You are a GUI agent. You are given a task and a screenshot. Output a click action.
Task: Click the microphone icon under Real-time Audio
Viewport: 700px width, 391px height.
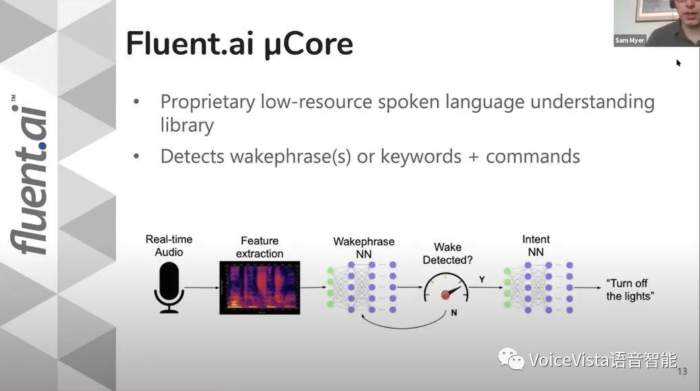point(169,287)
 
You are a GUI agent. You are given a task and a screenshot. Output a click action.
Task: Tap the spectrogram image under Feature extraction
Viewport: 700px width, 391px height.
point(260,287)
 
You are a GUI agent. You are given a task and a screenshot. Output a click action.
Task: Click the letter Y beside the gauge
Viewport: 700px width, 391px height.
point(482,280)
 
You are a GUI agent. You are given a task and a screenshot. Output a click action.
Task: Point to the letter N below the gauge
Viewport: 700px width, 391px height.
point(454,313)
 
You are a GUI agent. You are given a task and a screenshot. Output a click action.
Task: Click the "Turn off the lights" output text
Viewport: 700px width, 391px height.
point(630,290)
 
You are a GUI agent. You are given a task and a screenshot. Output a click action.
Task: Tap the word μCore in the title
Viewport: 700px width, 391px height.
point(309,44)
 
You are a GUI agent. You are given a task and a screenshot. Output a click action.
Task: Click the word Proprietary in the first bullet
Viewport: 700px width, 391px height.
point(207,102)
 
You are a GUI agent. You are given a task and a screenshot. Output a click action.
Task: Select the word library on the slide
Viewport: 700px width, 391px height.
point(187,125)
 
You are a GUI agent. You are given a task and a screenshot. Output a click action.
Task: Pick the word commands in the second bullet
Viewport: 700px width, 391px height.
point(533,156)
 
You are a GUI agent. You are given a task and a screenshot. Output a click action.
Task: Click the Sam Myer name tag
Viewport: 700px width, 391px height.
point(630,40)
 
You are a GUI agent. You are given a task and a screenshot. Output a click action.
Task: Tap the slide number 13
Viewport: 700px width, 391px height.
point(682,371)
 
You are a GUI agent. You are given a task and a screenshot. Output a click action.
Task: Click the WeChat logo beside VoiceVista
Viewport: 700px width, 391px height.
point(511,359)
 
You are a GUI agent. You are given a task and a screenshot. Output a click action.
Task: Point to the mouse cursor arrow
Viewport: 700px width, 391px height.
point(678,63)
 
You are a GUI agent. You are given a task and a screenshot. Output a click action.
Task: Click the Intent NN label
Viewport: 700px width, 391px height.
point(536,246)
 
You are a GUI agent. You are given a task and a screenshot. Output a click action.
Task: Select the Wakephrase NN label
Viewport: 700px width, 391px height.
point(364,248)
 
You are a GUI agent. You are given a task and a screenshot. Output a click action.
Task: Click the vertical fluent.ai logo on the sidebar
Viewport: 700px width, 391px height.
point(30,175)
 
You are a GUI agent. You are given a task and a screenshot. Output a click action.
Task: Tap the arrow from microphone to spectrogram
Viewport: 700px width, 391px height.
point(202,287)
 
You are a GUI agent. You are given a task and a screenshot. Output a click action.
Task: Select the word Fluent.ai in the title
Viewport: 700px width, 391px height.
point(190,43)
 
